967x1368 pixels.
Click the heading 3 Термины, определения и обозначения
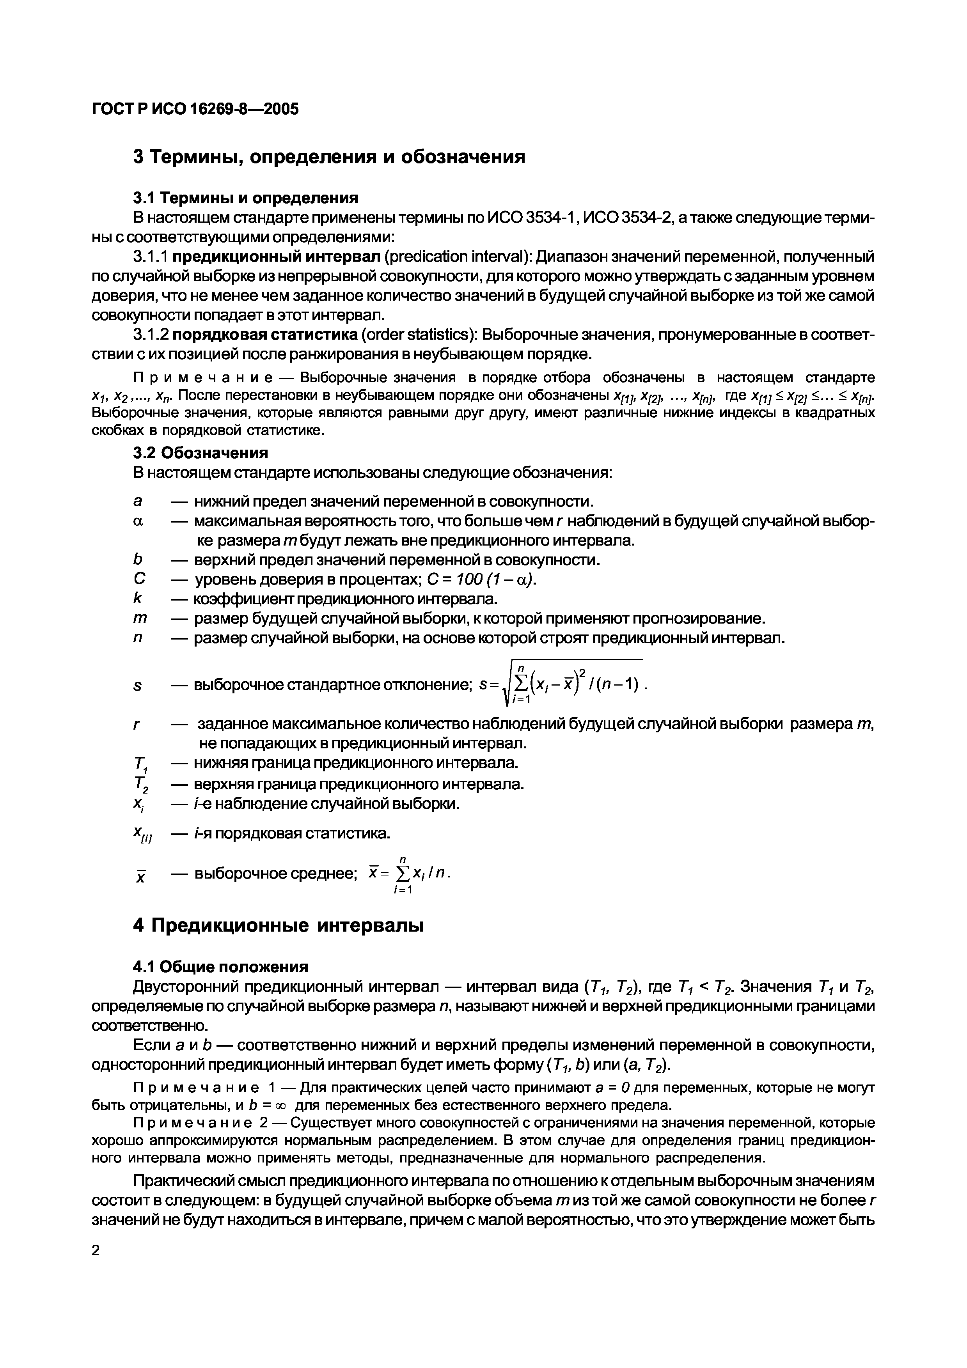click(329, 157)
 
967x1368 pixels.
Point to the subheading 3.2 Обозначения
click(200, 453)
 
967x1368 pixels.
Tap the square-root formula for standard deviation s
click(562, 685)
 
